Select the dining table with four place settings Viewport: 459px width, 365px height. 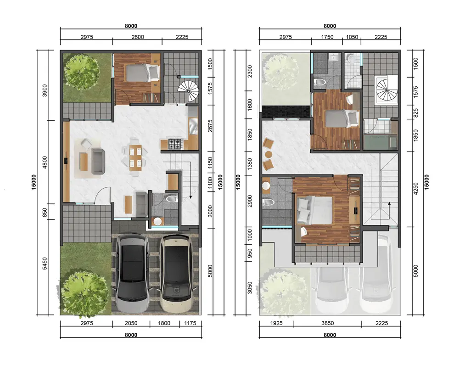(135, 157)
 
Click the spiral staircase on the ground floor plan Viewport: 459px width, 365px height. (188, 90)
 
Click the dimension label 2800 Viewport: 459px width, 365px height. (138, 37)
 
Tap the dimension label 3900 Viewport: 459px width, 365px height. (45, 90)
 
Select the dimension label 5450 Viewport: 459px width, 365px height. (45, 264)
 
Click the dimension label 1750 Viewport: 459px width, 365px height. (327, 37)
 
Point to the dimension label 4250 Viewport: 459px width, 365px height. (416, 189)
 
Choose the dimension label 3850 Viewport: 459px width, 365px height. (327, 323)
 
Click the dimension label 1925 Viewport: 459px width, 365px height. (276, 323)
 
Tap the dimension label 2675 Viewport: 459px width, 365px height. (210, 126)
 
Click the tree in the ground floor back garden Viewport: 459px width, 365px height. (81, 72)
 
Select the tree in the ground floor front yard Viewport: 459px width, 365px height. (83, 293)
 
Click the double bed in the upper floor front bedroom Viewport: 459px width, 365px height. (315, 210)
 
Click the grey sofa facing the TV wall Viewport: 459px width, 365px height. (98, 161)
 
